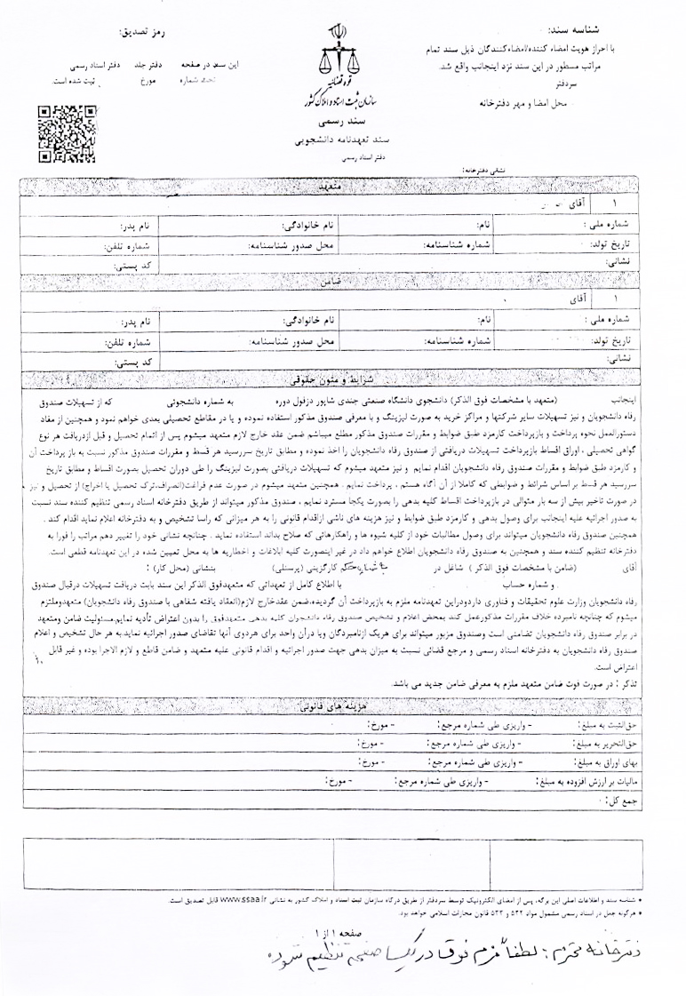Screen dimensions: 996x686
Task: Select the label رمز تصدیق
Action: (144, 32)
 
